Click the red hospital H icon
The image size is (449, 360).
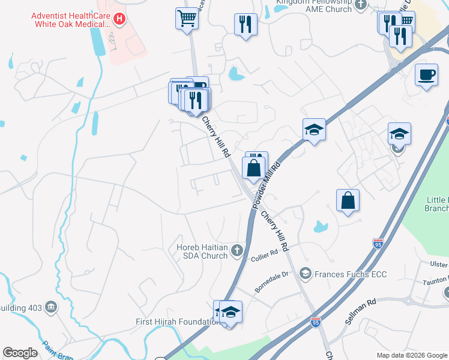click(119, 19)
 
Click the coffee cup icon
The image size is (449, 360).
click(426, 75)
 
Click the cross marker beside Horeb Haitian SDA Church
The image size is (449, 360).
click(238, 250)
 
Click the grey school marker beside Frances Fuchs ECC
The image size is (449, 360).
click(306, 274)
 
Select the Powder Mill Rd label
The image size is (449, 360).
click(267, 184)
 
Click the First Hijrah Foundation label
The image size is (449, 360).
click(177, 322)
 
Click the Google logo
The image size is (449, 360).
click(20, 353)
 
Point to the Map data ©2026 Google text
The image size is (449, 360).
click(411, 355)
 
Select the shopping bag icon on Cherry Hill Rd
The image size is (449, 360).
click(254, 167)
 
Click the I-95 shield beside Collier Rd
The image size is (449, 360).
click(378, 243)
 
